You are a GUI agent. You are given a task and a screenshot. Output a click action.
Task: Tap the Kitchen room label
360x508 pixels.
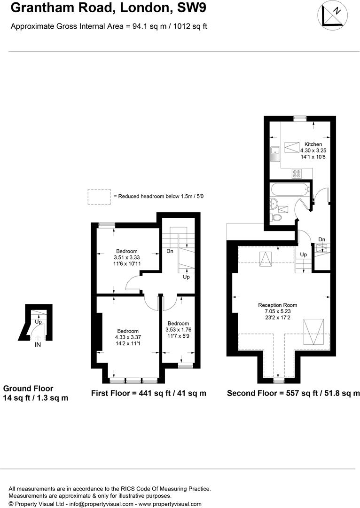[x=313, y=144]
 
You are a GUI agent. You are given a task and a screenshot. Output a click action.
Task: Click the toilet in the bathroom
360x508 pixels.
[x=277, y=217]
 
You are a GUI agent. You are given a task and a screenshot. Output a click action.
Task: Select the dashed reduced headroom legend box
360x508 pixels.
[x=98, y=196]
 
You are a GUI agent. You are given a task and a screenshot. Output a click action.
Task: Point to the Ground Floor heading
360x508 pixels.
[x=28, y=389]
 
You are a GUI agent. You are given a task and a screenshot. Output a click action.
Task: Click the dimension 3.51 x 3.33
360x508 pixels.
[x=127, y=257]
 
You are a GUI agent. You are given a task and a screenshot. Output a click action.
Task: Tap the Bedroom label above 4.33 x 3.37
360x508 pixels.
[x=128, y=331]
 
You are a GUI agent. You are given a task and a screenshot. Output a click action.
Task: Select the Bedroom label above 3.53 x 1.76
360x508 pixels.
[x=178, y=324]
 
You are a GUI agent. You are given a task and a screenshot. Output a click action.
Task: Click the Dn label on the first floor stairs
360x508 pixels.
[x=170, y=251]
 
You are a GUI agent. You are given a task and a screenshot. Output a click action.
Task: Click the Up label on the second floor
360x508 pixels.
[x=304, y=254]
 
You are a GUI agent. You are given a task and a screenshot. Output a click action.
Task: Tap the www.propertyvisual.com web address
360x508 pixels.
[x=171, y=504]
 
